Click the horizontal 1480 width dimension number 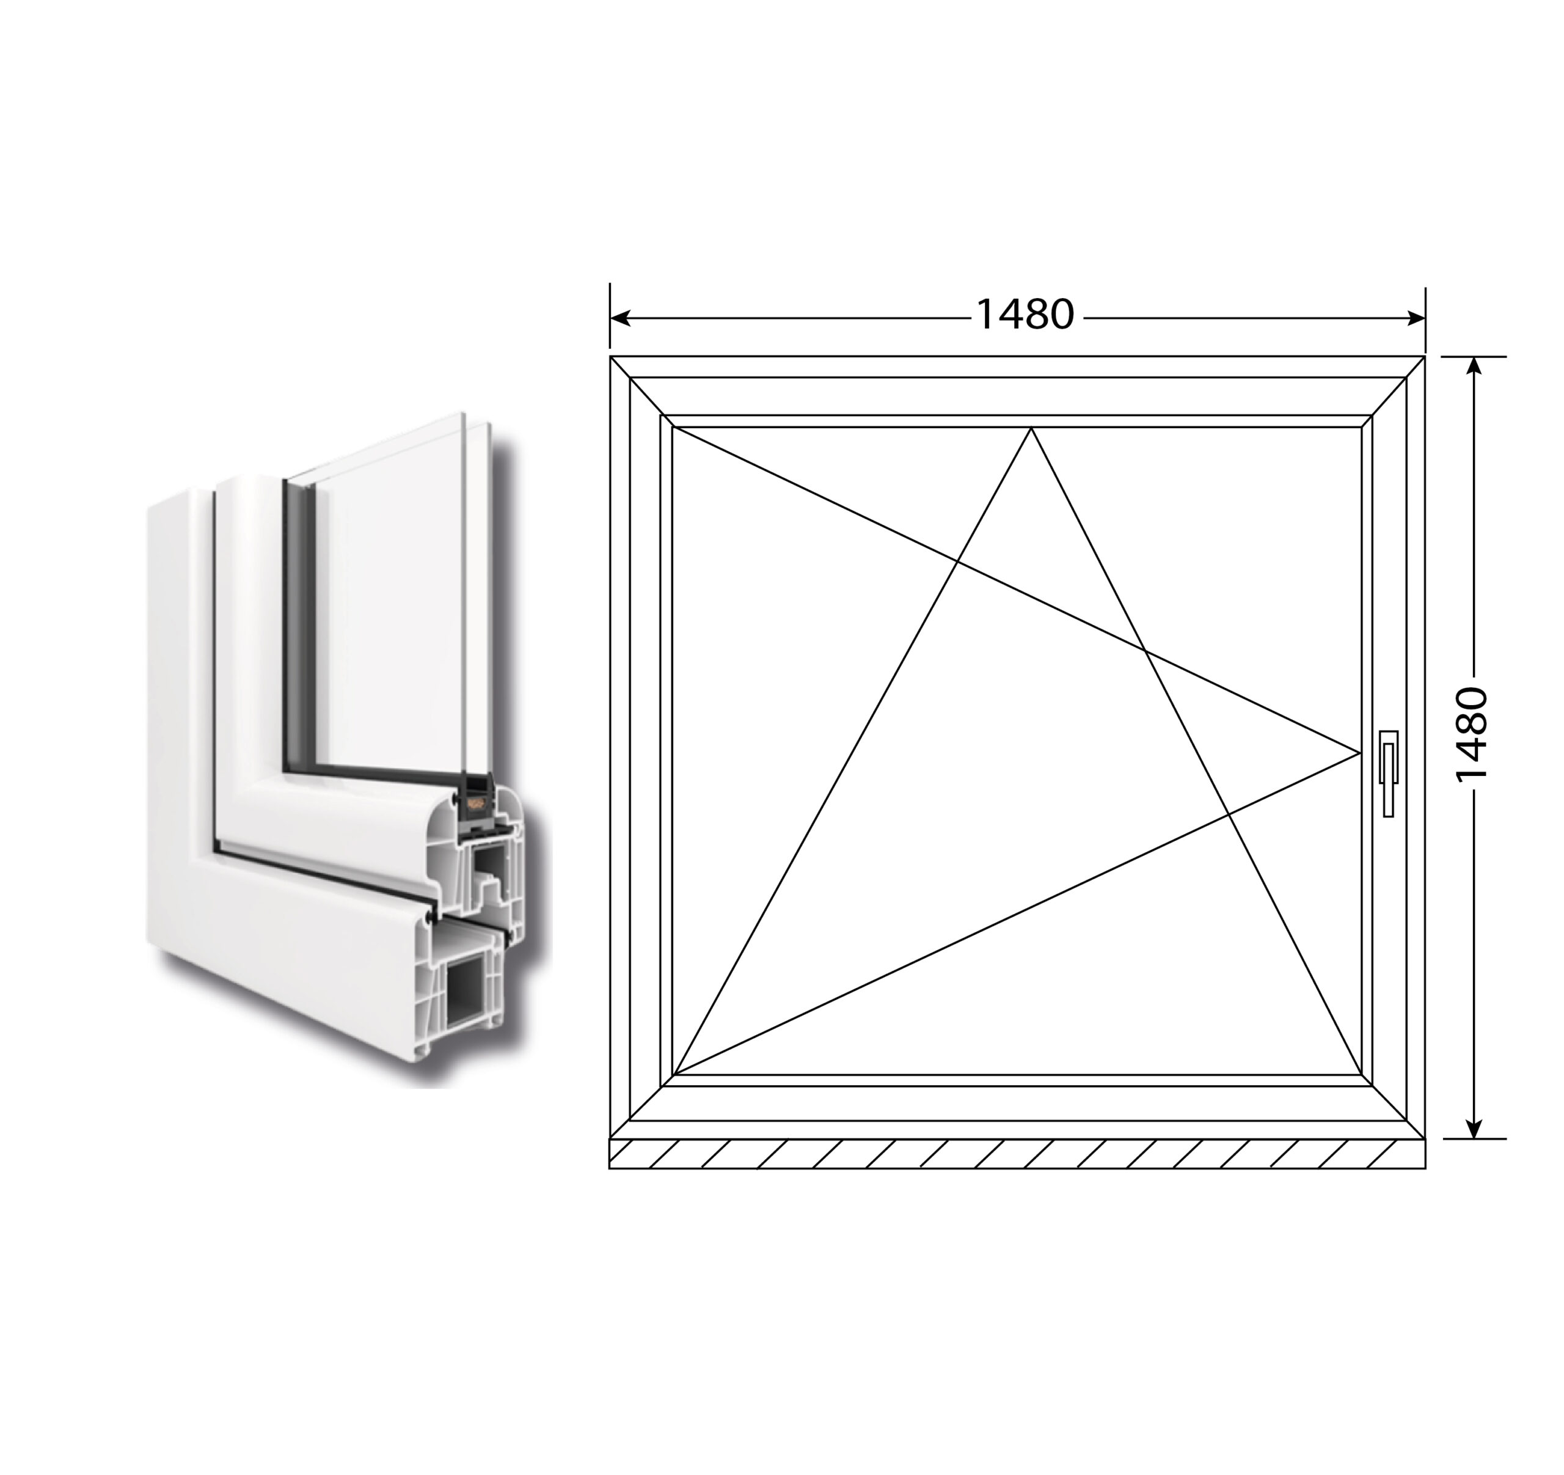[1025, 315]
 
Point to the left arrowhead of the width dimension [620, 318]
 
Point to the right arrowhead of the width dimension [1416, 318]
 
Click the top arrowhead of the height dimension [1475, 367]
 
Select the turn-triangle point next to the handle [1360, 753]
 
